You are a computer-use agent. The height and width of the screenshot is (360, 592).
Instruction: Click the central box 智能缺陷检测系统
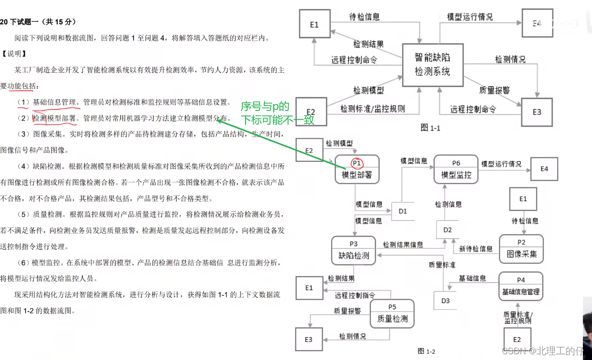click(432, 65)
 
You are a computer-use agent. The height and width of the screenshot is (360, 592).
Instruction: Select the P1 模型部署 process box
click(357, 169)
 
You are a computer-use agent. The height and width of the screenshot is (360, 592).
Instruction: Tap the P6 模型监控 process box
click(456, 169)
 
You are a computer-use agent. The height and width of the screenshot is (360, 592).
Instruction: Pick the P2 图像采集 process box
click(521, 249)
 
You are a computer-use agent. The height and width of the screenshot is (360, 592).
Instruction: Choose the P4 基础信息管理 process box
click(521, 287)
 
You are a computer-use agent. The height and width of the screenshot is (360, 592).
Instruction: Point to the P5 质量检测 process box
click(392, 314)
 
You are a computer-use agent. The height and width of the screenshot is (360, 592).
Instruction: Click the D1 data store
click(402, 211)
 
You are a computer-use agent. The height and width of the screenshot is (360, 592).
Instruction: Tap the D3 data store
click(445, 301)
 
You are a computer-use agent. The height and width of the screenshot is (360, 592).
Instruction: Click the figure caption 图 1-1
click(430, 128)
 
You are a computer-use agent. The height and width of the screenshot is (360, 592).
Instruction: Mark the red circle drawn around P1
click(357, 163)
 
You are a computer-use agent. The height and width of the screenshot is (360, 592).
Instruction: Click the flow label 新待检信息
click(476, 249)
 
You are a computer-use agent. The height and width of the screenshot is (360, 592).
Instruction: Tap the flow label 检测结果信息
click(403, 245)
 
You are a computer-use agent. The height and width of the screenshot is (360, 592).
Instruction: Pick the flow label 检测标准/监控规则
click(372, 109)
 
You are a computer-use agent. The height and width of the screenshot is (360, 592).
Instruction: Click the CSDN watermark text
click(546, 351)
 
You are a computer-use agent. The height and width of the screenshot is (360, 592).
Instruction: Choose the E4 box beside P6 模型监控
click(544, 169)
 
